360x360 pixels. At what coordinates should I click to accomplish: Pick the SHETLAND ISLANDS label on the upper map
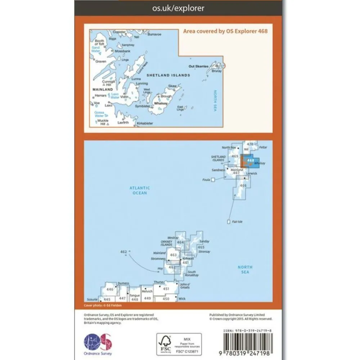pyautogui.click(x=168, y=75)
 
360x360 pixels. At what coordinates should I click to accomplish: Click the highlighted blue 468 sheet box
pyautogui.click(x=248, y=161)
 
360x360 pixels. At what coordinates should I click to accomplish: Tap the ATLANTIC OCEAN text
pyautogui.click(x=140, y=190)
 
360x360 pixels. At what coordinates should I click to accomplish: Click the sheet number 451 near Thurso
pyautogui.click(x=166, y=289)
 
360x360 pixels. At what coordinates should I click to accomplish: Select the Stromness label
pyautogui.click(x=159, y=258)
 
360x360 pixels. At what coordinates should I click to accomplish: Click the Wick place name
pyautogui.click(x=182, y=298)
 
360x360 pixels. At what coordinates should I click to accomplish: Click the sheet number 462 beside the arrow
pyautogui.click(x=124, y=252)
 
